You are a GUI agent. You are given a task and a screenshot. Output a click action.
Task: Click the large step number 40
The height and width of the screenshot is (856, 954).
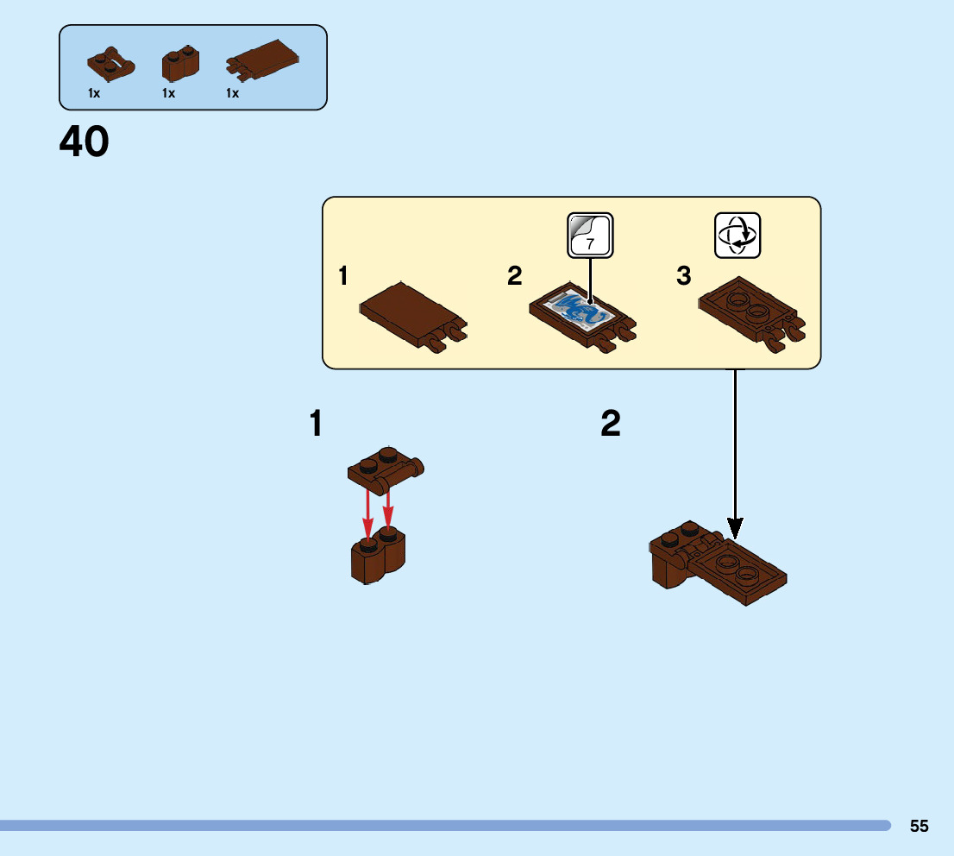coord(85,142)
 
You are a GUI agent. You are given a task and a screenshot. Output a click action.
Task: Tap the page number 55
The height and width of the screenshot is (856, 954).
coord(919,826)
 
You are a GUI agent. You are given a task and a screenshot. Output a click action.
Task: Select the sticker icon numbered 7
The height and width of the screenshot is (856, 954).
coord(590,235)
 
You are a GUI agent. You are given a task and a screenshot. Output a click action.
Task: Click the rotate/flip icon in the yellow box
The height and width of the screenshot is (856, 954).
coord(737,235)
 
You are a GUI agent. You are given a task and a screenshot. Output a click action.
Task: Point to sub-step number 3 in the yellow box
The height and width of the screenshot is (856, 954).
coord(683,277)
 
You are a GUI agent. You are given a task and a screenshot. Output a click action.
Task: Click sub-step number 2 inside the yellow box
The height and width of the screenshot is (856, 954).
coord(515,277)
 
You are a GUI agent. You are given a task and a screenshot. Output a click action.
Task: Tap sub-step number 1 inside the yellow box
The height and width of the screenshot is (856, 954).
coord(343,277)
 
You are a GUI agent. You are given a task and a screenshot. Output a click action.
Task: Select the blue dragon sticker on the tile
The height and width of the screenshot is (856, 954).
coord(579,312)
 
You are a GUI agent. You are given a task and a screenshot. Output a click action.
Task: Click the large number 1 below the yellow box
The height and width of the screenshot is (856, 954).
coord(317,425)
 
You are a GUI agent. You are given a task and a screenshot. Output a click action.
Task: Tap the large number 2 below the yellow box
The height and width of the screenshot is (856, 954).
coord(611,425)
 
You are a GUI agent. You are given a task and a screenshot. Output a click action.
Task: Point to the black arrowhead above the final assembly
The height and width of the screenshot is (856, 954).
coord(735,526)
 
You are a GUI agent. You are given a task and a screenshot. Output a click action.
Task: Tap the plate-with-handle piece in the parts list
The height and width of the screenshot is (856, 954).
coord(111,64)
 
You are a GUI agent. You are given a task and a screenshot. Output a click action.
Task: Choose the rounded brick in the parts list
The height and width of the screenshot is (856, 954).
coord(179,66)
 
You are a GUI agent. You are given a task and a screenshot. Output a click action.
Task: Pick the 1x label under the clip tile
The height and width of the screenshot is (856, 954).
coord(232,93)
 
